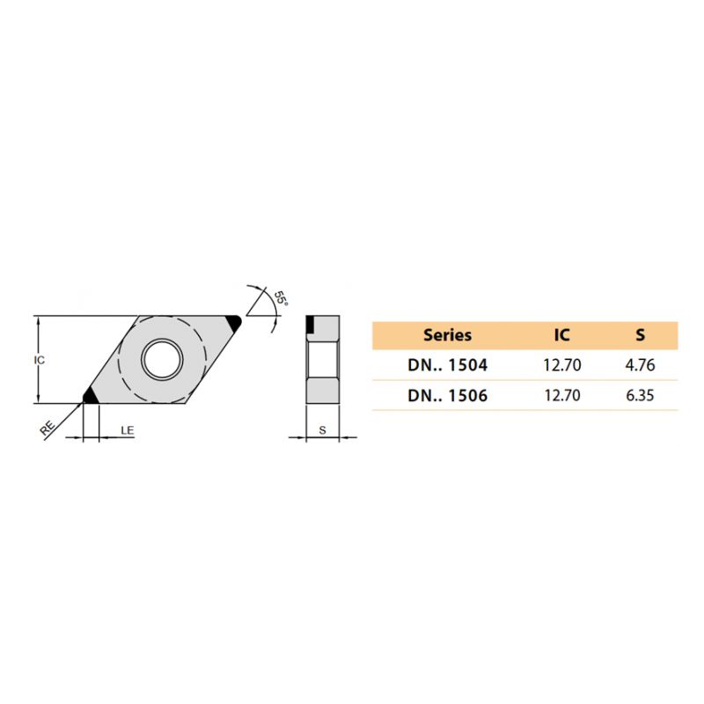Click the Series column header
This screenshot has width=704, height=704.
tap(447, 335)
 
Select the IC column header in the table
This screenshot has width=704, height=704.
tap(561, 335)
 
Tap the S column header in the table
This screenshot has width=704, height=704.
tap(641, 335)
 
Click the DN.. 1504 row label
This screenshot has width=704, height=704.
tap(447, 365)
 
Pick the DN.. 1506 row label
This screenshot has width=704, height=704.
tap(447, 395)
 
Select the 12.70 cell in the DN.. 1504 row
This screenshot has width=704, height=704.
tap(562, 365)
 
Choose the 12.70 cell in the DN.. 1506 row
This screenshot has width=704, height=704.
tap(562, 395)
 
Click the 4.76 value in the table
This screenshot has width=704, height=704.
tap(640, 365)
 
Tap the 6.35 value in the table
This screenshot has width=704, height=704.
tap(640, 395)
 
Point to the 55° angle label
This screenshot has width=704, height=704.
tap(281, 297)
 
